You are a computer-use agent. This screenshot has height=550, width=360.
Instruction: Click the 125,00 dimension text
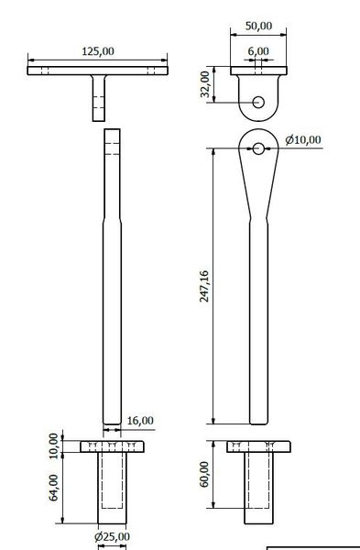98,52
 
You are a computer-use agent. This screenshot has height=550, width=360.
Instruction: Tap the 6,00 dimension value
258,52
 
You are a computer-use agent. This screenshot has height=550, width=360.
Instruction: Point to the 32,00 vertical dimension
205,84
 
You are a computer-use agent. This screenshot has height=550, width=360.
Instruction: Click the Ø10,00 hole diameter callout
303,140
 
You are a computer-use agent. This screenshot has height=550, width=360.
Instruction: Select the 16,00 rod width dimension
141,420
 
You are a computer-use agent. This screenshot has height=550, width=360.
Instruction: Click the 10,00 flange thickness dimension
53,445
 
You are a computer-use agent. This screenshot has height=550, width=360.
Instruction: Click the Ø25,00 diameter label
112,536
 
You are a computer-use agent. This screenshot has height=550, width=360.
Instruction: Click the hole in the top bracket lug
259,101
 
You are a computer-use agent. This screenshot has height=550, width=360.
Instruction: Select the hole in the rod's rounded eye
259,148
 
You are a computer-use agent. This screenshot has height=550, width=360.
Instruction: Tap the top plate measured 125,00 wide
99,70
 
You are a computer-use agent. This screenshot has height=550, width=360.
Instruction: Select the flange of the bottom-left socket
112,446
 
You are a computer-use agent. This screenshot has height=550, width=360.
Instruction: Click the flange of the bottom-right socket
259,446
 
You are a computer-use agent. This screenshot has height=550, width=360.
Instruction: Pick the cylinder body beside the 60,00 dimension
259,488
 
